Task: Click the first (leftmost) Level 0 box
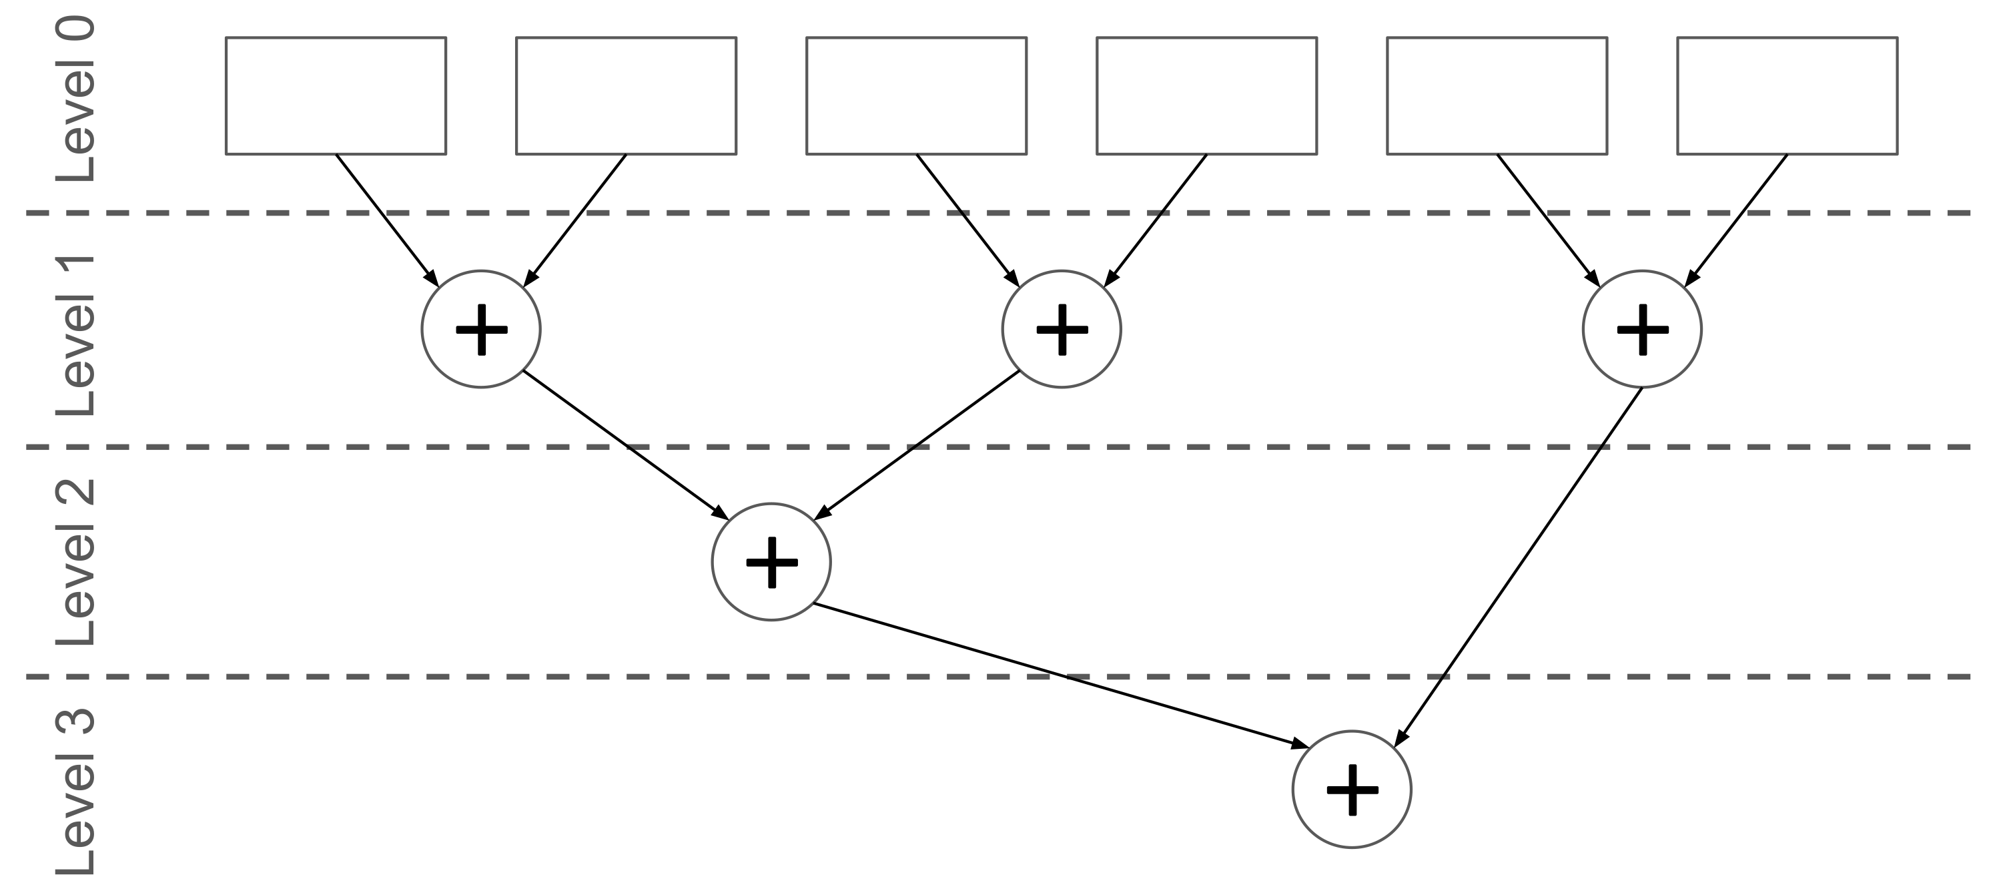coord(336,95)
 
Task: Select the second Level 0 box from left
coord(626,95)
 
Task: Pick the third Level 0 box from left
coord(916,95)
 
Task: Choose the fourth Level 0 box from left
coord(1206,95)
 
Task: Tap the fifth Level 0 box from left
coord(1497,95)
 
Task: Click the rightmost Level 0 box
coord(1787,95)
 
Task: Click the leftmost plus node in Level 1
coord(481,329)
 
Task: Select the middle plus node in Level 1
coord(1061,329)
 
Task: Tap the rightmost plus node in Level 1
coord(1641,329)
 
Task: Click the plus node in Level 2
coord(771,562)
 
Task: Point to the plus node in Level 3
coord(1352,790)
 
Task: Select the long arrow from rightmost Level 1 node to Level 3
coord(1519,567)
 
